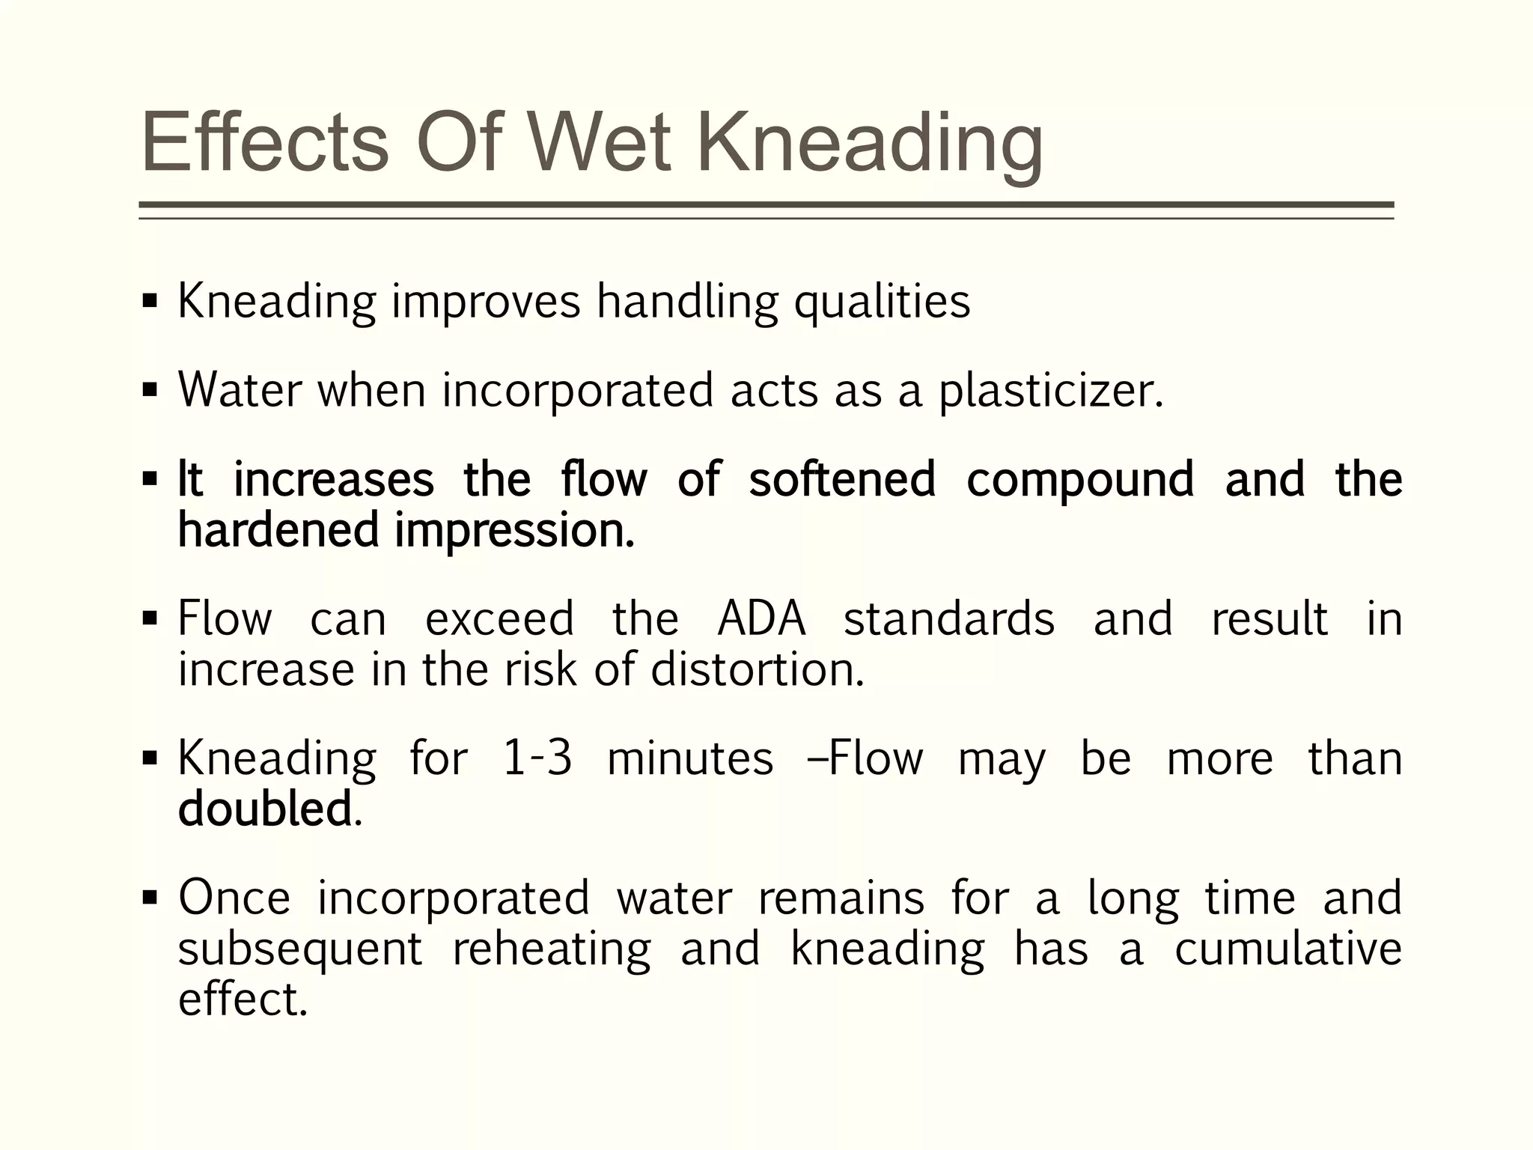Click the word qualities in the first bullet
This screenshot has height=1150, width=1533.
click(x=882, y=302)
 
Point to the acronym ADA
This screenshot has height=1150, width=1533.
click(x=761, y=620)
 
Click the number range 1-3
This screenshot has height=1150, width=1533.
click(x=537, y=758)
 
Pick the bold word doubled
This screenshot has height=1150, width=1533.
click(x=265, y=809)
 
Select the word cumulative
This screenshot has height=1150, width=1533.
click(x=1287, y=949)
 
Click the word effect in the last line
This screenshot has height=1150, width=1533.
click(x=243, y=1000)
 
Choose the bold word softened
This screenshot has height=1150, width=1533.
click(x=842, y=479)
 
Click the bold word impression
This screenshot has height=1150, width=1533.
click(x=514, y=530)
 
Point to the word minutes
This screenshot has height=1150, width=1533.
click(x=690, y=758)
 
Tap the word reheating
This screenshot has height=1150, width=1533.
click(x=552, y=949)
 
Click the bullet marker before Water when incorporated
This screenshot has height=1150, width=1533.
click(x=150, y=390)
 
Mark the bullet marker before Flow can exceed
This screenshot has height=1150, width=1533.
click(x=150, y=618)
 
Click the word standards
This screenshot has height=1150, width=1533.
click(x=949, y=620)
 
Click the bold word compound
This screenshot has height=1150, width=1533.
click(x=1080, y=481)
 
